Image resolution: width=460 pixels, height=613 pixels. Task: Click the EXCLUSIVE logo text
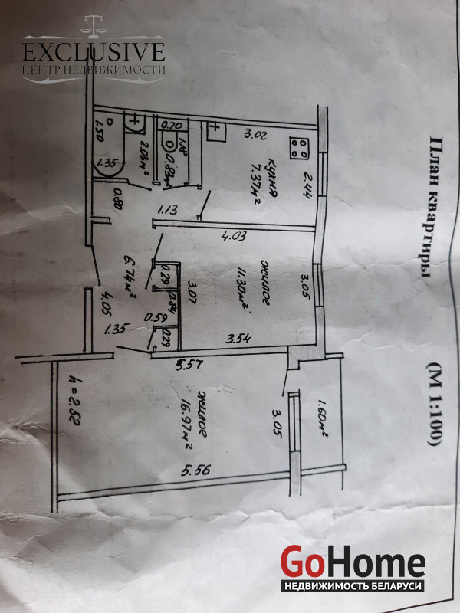click(x=94, y=52)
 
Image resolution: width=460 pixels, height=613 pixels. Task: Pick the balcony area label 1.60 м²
click(x=321, y=418)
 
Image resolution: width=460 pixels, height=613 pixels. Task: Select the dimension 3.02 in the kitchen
click(x=255, y=137)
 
